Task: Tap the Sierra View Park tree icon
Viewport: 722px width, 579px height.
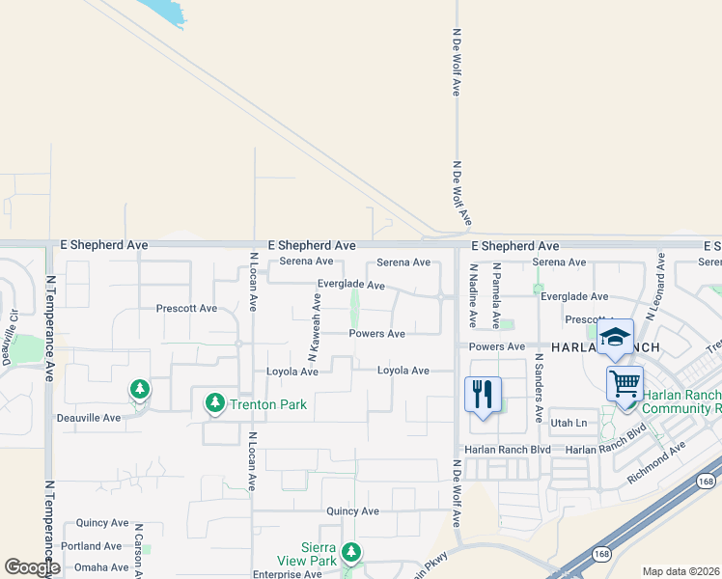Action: pos(352,552)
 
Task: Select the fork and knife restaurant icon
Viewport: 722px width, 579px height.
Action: pos(483,394)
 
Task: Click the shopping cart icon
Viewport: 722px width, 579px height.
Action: pos(625,384)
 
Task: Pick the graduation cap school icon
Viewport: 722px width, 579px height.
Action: pos(615,337)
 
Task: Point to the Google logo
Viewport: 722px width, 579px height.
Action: pos(32,567)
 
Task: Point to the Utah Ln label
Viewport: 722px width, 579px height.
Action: pos(568,424)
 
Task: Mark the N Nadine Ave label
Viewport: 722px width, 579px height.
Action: pos(473,297)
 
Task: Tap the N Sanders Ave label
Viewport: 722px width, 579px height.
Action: pos(538,388)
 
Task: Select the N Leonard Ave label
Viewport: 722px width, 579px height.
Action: pos(658,287)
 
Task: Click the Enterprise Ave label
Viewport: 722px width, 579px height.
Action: pos(287,573)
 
